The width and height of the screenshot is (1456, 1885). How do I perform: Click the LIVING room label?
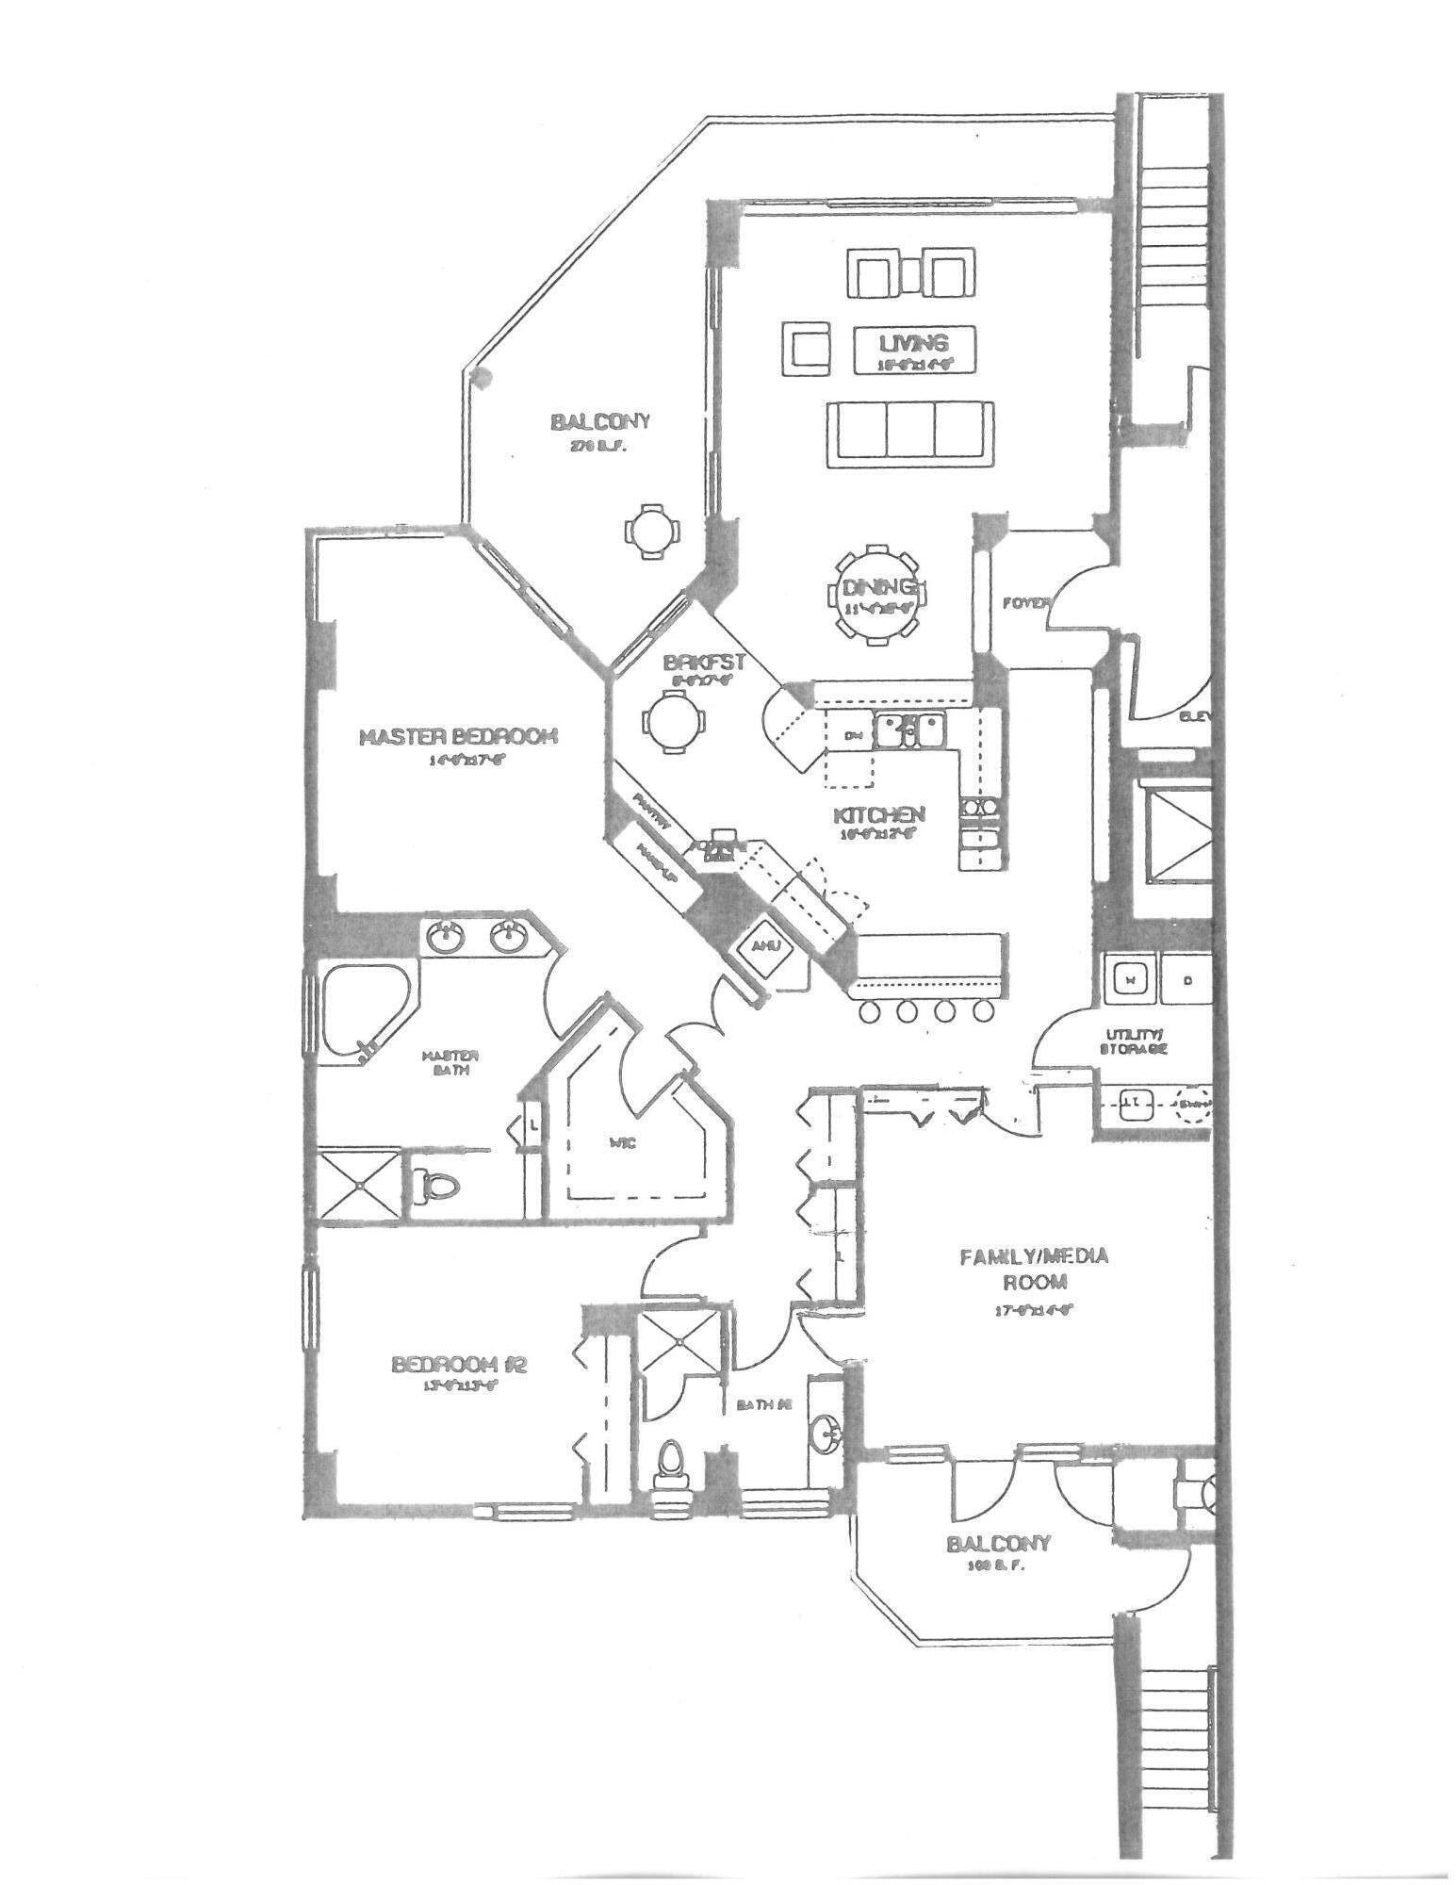(x=913, y=344)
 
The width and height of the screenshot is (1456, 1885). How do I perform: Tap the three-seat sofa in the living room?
(x=909, y=433)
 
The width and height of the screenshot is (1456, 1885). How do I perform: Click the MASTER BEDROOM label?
(x=458, y=736)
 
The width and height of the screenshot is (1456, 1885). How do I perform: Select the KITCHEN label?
(x=879, y=814)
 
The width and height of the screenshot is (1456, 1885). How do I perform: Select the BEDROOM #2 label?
(x=457, y=1364)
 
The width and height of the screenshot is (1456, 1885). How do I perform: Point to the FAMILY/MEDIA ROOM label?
(x=1034, y=1269)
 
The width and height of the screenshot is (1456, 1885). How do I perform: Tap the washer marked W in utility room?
(x=1130, y=980)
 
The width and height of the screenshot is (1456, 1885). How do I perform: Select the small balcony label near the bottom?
(x=998, y=1544)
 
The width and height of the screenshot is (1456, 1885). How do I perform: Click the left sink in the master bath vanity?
(x=444, y=937)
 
